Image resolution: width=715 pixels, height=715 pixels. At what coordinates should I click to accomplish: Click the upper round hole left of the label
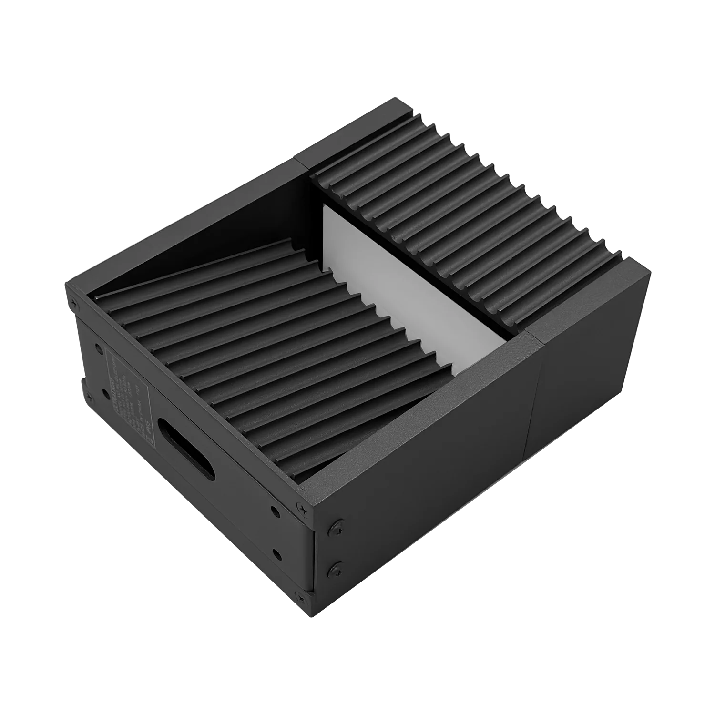pyautogui.click(x=99, y=349)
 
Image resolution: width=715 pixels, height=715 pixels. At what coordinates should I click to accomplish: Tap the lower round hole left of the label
pyautogui.click(x=103, y=394)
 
